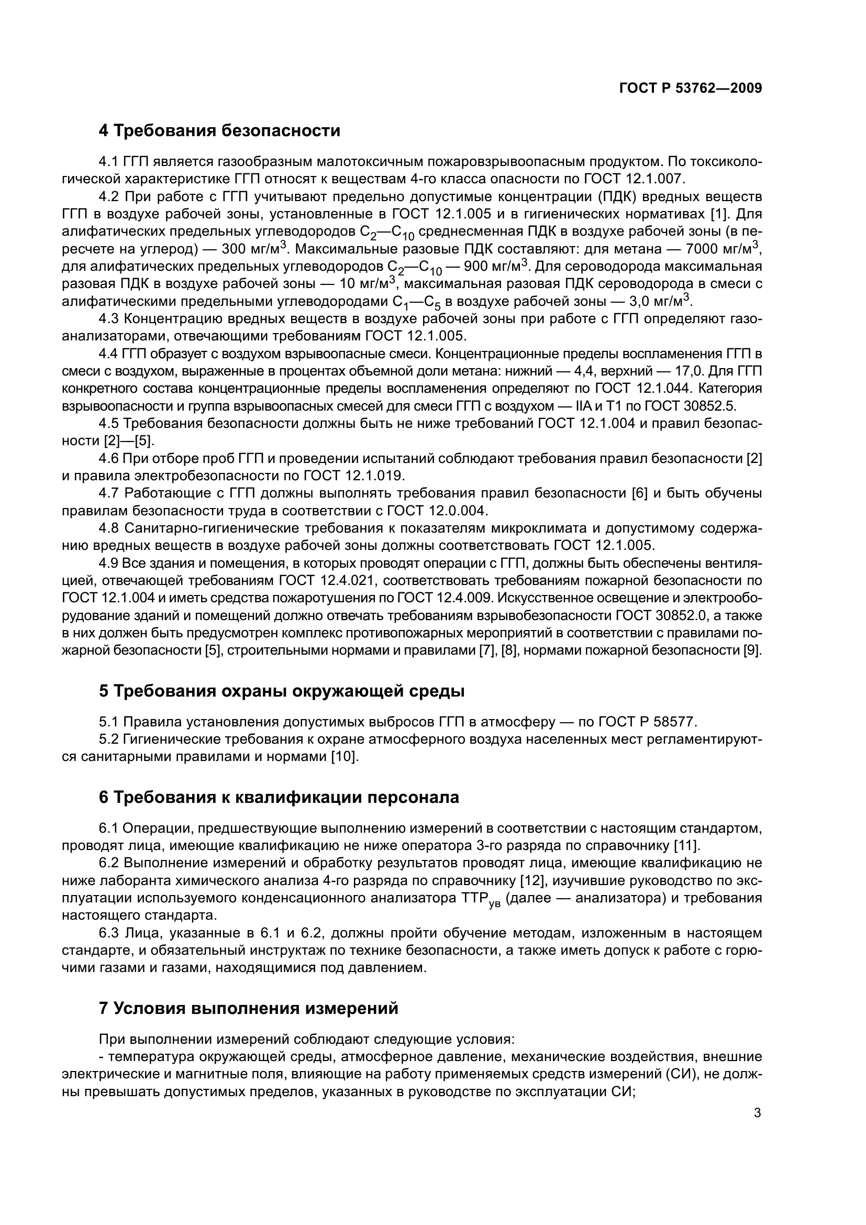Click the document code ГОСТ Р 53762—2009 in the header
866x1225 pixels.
[691, 89]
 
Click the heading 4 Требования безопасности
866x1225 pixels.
[219, 131]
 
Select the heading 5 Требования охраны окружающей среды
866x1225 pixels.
[282, 691]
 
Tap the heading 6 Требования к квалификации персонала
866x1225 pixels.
[279, 798]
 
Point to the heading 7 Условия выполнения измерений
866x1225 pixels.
[249, 1008]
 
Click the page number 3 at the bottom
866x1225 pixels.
[757, 1113]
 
